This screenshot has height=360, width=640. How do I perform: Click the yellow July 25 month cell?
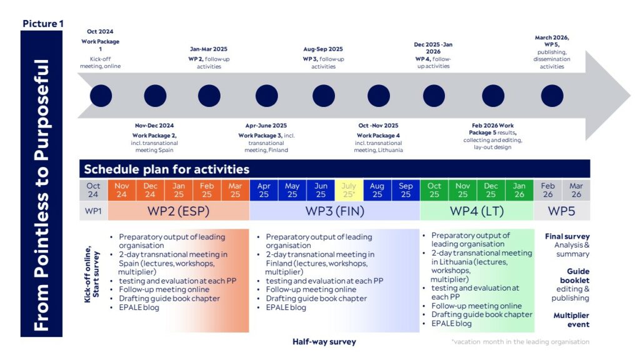[x=349, y=190]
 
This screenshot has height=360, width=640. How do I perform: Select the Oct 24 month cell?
[x=94, y=190]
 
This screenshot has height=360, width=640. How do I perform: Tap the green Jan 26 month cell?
[x=519, y=190]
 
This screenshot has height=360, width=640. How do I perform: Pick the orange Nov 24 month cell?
[x=122, y=190]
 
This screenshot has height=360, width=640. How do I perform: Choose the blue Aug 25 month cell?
[x=377, y=190]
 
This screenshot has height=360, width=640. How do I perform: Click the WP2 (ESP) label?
[x=178, y=211]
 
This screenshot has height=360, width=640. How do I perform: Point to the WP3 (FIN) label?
[x=335, y=211]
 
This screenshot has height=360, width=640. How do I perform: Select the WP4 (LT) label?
[x=477, y=211]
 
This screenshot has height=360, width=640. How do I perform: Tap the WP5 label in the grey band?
[x=561, y=211]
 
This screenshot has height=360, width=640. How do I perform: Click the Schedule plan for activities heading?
[x=166, y=169]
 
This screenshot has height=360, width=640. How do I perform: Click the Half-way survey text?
[x=324, y=342]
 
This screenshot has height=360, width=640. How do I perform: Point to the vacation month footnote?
[x=521, y=342]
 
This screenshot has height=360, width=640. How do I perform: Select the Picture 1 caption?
[x=43, y=24]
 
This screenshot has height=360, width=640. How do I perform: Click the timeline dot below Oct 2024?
[x=101, y=96]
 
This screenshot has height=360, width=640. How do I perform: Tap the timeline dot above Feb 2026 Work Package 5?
[x=493, y=96]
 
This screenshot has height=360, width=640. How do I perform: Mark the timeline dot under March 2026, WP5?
[x=552, y=96]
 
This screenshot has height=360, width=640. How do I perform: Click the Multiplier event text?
[x=571, y=320]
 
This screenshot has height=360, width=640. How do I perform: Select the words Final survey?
[x=567, y=236]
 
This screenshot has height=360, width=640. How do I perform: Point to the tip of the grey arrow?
[x=631, y=96]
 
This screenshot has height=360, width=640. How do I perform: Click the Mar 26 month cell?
[x=576, y=190]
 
